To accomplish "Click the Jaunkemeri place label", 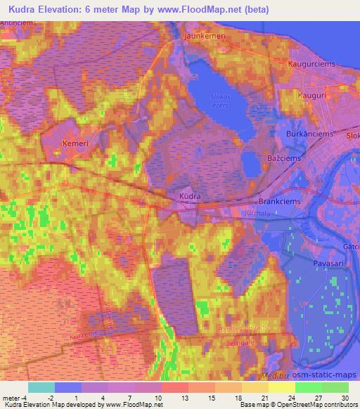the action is (205, 34).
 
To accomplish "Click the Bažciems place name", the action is (284, 159).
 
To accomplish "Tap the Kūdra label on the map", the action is (191, 197).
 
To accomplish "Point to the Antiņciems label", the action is (18, 23).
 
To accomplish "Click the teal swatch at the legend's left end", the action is (41, 387).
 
